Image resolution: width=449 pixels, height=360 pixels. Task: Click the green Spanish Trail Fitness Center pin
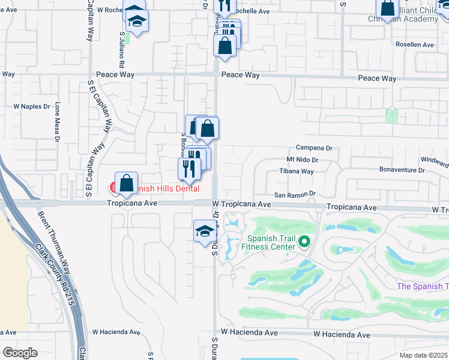(x=304, y=242)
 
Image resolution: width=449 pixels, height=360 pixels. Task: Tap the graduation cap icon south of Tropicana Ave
(x=204, y=230)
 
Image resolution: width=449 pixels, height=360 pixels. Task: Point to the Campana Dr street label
(x=314, y=148)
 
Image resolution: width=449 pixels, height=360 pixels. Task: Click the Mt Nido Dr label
(x=302, y=160)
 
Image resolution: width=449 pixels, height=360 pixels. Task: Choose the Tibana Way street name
(x=297, y=171)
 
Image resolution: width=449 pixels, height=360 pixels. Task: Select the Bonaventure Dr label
(x=402, y=170)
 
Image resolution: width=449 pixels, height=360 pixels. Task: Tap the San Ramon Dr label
(x=295, y=194)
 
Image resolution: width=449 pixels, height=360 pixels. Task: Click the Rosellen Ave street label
(x=414, y=45)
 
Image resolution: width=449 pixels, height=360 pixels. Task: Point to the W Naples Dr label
(x=32, y=106)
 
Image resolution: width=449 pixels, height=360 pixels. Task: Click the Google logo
(x=20, y=352)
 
